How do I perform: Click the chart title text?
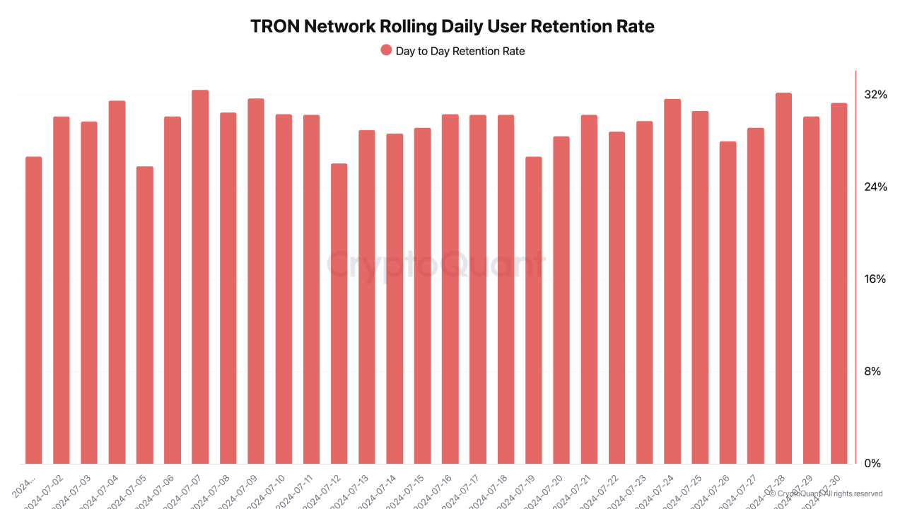(452, 27)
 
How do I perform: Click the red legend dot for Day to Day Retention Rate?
(386, 50)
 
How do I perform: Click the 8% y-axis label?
(873, 372)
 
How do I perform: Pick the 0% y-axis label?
(873, 464)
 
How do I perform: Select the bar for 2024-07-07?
(200, 277)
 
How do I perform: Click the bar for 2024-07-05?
(144, 315)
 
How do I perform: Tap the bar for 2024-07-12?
(339, 314)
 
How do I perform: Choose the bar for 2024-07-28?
(783, 279)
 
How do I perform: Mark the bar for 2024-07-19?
(533, 310)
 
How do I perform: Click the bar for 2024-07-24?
(672, 281)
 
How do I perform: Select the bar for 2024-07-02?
(62, 291)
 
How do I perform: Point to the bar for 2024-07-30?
(839, 283)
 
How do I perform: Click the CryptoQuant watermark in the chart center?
(436, 265)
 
